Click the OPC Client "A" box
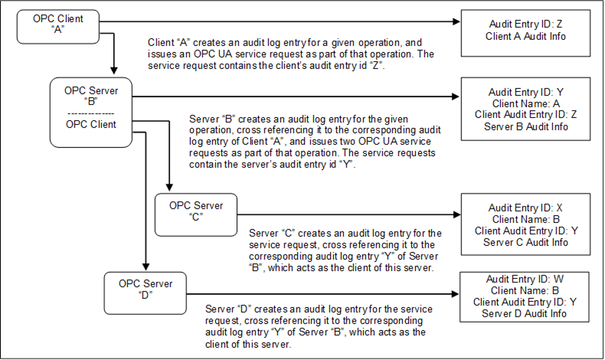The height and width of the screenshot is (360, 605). [x=58, y=27]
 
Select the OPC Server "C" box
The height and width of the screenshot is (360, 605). [x=196, y=214]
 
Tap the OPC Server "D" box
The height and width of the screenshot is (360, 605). [x=145, y=293]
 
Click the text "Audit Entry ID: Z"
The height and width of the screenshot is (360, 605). [x=525, y=24]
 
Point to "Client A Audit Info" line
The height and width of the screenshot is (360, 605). [x=525, y=36]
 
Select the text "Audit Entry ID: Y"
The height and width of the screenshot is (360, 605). [x=525, y=92]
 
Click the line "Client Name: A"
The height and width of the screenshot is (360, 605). [x=525, y=103]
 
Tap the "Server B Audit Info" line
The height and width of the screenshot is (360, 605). [x=525, y=126]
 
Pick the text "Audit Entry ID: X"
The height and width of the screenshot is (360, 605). [x=525, y=208]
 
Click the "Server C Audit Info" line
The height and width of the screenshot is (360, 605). [x=525, y=242]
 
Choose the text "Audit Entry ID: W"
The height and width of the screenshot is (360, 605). [x=525, y=279]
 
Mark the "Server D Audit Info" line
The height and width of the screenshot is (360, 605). [x=525, y=313]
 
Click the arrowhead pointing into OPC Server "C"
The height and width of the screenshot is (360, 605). [x=169, y=188]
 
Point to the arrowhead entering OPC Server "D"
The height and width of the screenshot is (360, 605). [x=146, y=267]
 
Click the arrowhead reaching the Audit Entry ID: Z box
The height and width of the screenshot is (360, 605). [x=456, y=21]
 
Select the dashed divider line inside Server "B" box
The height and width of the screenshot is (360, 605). [x=90, y=114]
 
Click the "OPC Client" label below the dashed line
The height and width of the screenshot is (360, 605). [x=91, y=125]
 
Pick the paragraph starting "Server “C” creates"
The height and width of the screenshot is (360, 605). [x=345, y=250]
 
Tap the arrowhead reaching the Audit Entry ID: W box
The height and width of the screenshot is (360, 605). [x=455, y=294]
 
